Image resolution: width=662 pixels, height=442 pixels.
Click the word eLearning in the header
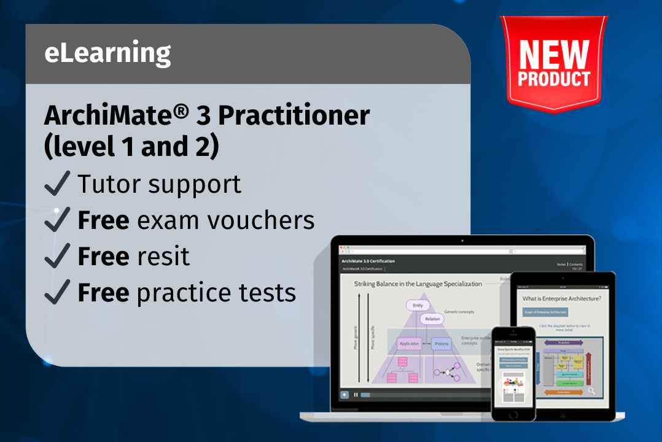[107, 54]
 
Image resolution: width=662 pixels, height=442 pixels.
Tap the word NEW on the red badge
[554, 56]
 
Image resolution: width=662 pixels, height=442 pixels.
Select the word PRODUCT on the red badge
[554, 80]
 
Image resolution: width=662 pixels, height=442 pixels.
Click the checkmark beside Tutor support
[58, 185]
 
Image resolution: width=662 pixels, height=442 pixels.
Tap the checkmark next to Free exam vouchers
[58, 220]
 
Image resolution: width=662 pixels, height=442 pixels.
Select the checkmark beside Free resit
[58, 257]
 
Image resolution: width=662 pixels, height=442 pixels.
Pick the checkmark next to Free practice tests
[58, 293]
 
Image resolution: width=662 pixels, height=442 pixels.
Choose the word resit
[164, 257]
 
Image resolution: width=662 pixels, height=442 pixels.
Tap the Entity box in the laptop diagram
[418, 305]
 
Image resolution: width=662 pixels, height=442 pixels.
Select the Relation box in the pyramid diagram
[433, 319]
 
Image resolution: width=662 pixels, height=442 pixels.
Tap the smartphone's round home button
[513, 413]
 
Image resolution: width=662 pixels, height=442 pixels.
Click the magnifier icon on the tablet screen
[591, 390]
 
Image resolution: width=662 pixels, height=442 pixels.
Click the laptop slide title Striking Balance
[418, 284]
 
